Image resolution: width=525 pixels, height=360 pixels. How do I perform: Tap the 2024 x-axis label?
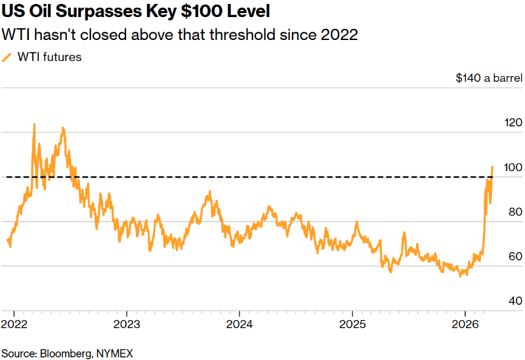(x=239, y=324)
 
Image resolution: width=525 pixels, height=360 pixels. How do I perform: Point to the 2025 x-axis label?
(x=352, y=324)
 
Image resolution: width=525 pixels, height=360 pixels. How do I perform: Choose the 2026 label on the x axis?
(x=465, y=324)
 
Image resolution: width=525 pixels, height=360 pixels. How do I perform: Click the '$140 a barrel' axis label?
(x=489, y=78)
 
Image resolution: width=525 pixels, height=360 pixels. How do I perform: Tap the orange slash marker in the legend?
(x=7, y=57)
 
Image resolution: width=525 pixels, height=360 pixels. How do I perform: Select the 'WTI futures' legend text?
(x=50, y=57)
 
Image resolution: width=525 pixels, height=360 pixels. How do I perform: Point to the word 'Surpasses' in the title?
(x=91, y=12)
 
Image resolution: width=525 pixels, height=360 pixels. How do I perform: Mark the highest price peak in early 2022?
(x=34, y=124)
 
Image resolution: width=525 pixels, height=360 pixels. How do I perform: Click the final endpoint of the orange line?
(x=492, y=167)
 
